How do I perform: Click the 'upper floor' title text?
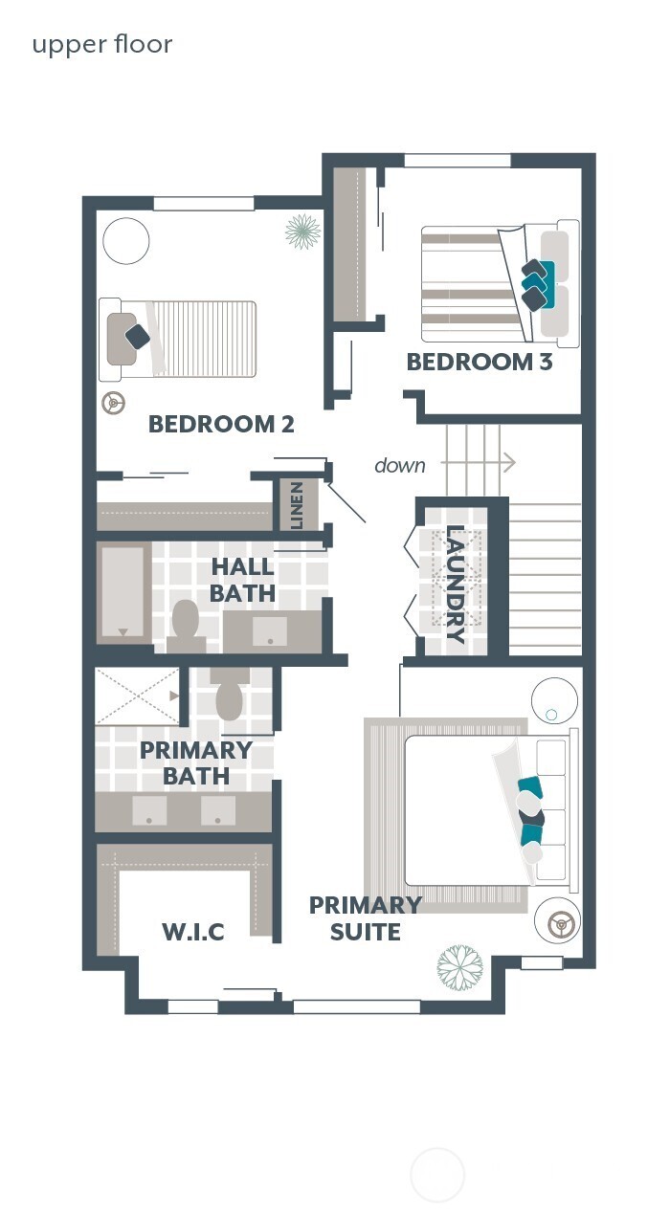tap(102, 45)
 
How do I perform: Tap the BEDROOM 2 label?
tap(221, 424)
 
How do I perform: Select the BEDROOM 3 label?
tap(480, 363)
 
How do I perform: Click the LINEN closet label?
tap(297, 505)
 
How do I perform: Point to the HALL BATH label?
tap(243, 580)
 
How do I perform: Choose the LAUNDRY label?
tap(456, 584)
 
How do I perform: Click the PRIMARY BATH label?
tap(196, 762)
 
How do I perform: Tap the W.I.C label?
tap(194, 931)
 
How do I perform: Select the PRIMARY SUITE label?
tap(366, 917)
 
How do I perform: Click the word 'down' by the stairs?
tap(400, 466)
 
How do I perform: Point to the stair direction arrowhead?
tap(509, 463)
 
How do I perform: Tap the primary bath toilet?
tap(230, 696)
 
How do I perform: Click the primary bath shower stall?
tap(138, 696)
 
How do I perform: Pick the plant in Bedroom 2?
tap(302, 231)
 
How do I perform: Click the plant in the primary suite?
tap(459, 966)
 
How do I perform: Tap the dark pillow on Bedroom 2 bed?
tap(138, 336)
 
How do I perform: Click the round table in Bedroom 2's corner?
tap(126, 240)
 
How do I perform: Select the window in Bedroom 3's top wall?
tap(457, 160)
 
